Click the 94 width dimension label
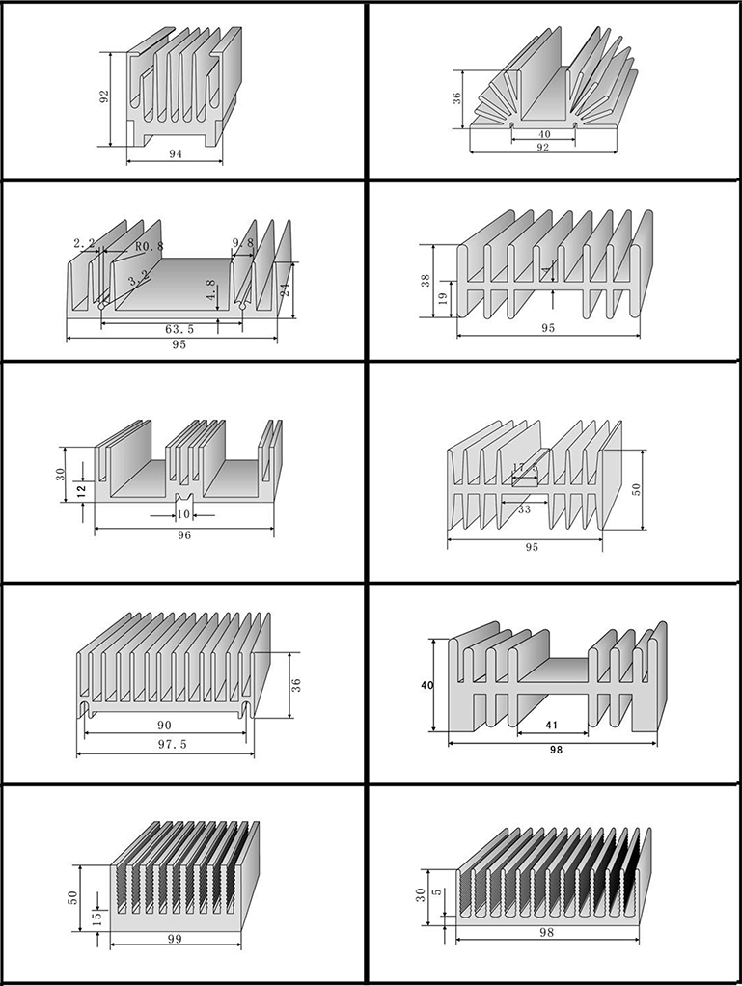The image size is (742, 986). pos(176,154)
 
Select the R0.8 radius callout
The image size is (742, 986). pos(150,247)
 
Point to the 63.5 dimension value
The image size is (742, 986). pos(179,329)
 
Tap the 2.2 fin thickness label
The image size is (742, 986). pos(84,243)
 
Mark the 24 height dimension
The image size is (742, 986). pos(285,289)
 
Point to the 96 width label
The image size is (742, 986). pos(184,534)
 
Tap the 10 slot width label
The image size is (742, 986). pos(183,514)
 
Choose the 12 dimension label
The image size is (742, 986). pos(81,490)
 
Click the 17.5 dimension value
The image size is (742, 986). pos(526,469)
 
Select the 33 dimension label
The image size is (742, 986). pos(525,508)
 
